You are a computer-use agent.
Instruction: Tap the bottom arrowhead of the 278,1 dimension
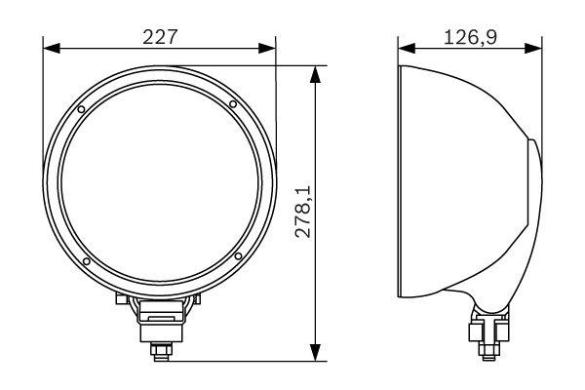[x=314, y=353]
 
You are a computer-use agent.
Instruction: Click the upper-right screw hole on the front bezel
[x=233, y=104]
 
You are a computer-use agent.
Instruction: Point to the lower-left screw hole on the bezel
[x=86, y=261]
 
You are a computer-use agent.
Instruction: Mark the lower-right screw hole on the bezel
[x=237, y=256]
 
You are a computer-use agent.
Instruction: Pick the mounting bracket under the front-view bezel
[x=159, y=310]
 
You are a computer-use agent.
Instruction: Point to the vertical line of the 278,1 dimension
[x=314, y=146]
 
